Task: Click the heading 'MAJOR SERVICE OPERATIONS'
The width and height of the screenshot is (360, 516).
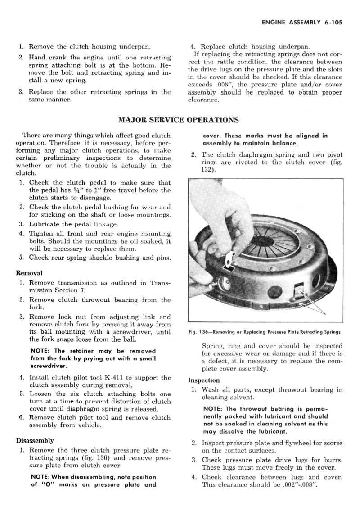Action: pyautogui.click(x=178, y=120)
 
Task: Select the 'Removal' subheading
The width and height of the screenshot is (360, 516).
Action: pyautogui.click(x=29, y=273)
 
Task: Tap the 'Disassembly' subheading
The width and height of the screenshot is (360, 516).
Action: pyautogui.click(x=35, y=440)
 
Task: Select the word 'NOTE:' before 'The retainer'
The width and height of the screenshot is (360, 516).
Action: pyautogui.click(x=43, y=351)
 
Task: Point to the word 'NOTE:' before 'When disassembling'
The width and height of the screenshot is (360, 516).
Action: pyautogui.click(x=43, y=477)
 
